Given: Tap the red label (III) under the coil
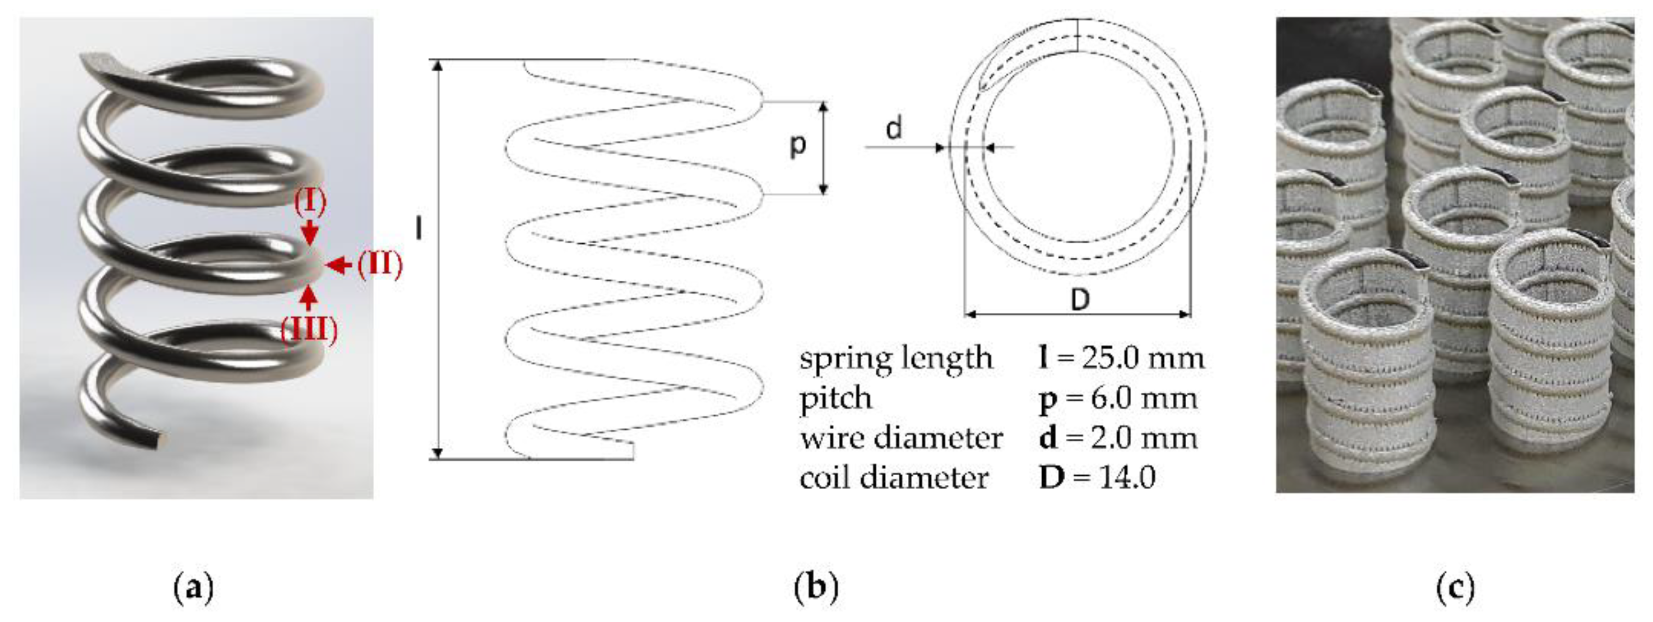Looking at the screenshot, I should click(x=309, y=329).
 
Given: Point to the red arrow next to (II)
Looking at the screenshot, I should click(x=338, y=264).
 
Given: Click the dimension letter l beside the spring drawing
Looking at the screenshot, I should click(x=419, y=228).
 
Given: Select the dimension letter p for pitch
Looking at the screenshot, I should click(x=797, y=145).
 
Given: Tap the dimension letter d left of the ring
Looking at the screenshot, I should click(x=893, y=129).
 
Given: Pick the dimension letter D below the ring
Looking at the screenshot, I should click(x=1080, y=299).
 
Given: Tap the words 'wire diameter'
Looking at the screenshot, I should click(x=901, y=438).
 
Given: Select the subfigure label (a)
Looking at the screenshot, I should click(x=193, y=587).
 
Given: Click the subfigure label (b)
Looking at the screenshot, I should click(x=816, y=587).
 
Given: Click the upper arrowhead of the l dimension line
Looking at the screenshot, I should click(x=438, y=66).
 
